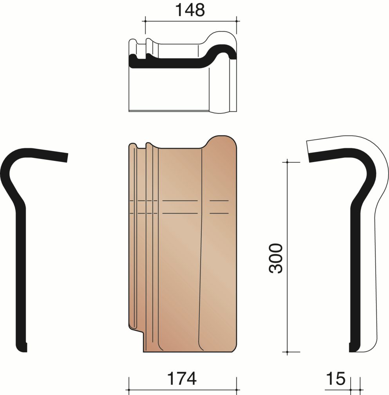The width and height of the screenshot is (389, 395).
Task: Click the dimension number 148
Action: (190, 10)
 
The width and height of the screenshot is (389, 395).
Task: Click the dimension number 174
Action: (182, 379)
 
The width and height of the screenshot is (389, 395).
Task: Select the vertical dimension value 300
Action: (276, 258)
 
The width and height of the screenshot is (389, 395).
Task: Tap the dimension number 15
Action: (336, 379)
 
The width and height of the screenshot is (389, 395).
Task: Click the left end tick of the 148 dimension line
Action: (145, 21)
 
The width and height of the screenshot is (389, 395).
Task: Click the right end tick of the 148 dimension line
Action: (237, 21)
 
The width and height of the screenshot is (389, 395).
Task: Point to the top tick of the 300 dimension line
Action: (287, 162)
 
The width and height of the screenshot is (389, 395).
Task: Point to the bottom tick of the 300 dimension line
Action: (287, 352)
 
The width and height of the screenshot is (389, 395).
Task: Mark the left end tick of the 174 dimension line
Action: (129, 390)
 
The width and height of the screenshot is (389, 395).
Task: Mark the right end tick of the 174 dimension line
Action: (237, 390)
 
